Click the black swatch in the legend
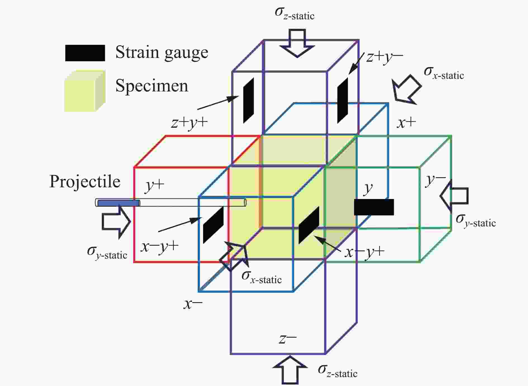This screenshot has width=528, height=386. (x=85, y=53)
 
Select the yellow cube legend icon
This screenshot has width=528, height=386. (x=85, y=91)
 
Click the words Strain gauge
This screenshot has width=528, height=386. (x=162, y=53)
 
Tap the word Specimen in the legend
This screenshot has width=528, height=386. (x=152, y=86)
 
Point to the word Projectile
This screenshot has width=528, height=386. (x=85, y=182)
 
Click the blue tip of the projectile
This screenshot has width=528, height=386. (x=118, y=203)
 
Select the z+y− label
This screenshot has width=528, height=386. (x=385, y=58)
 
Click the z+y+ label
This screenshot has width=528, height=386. (x=190, y=123)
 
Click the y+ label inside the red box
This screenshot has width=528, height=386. (x=155, y=186)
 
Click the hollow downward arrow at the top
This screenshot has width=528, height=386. (x=297, y=43)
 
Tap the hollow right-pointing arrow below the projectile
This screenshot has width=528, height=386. (x=116, y=222)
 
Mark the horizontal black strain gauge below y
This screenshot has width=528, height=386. (x=374, y=207)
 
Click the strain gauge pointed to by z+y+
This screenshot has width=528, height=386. (x=248, y=100)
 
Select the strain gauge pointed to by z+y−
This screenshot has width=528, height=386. (x=343, y=100)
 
